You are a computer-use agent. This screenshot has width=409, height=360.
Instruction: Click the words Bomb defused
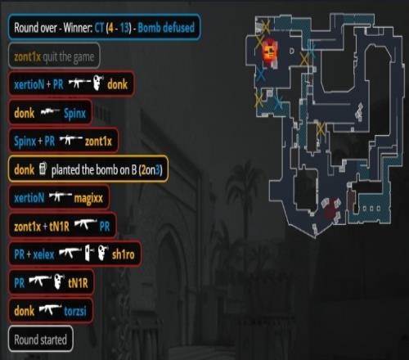[x=166, y=28]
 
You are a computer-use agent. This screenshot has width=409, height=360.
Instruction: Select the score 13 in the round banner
[x=125, y=28]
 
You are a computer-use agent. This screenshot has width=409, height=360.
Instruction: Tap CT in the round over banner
[x=99, y=28]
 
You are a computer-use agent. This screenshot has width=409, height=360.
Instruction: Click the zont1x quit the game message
[x=54, y=56]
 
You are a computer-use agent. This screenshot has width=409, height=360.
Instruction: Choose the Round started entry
[x=41, y=340]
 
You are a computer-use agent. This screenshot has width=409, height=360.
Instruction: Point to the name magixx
[x=88, y=198]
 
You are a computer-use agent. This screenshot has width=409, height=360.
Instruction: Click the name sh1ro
[x=123, y=254]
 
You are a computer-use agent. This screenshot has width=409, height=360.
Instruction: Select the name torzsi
[x=75, y=311]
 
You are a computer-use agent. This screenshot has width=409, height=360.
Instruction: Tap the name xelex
[x=43, y=254]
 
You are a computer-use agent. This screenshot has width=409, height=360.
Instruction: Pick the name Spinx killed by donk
[x=74, y=113]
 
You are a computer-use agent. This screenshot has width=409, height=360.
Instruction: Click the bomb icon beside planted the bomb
[x=43, y=169]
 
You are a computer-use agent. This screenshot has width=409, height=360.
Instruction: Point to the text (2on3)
[x=151, y=170]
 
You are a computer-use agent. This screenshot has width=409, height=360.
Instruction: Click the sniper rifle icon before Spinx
[x=50, y=112]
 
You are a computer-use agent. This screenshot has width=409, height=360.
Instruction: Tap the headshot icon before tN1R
[x=59, y=281]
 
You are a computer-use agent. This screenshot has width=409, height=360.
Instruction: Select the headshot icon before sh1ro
[x=103, y=253]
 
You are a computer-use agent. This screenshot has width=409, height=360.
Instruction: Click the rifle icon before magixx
[x=60, y=196]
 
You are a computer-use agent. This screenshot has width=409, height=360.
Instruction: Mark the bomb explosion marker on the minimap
[x=270, y=51]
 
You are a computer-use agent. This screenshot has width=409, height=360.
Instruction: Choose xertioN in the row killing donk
[x=29, y=84]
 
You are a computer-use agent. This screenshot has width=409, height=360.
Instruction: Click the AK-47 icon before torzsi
[x=50, y=309]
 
